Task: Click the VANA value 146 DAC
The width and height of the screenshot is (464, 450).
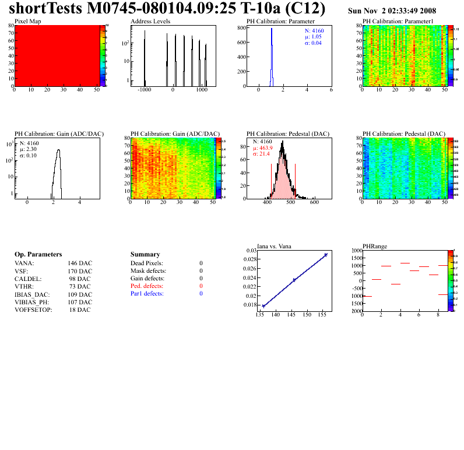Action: tap(80, 263)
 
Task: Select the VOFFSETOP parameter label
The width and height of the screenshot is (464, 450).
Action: tap(33, 310)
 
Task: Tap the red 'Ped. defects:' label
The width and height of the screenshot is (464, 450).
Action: tap(147, 286)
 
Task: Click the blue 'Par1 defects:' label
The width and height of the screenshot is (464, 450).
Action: tap(147, 294)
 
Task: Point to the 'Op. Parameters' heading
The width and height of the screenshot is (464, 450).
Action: tap(38, 255)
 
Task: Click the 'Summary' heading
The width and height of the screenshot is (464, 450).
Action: tap(145, 255)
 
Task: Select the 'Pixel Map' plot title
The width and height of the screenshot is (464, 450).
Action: tap(28, 21)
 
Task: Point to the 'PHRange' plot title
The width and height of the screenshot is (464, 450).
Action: tap(374, 245)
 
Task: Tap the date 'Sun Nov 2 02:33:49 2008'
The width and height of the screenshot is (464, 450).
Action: tap(392, 11)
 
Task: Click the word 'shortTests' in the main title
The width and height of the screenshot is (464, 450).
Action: tap(47, 9)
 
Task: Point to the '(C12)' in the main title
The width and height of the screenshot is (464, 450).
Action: tap(305, 9)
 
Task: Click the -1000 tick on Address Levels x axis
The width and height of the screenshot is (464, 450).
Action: tap(144, 91)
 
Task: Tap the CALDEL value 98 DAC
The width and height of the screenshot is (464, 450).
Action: tap(80, 279)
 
